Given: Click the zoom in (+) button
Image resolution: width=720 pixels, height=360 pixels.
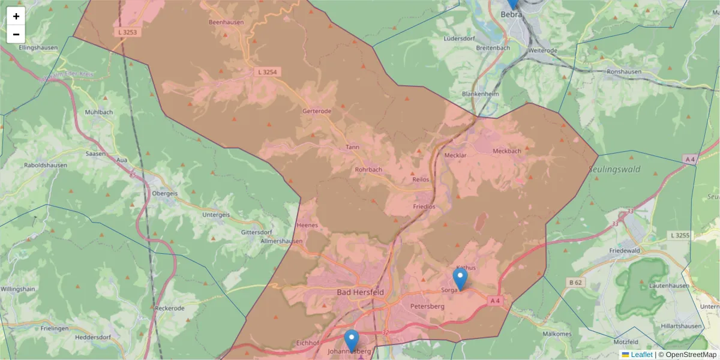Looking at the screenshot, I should (16, 16).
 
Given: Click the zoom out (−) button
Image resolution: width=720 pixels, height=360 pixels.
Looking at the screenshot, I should (16, 34).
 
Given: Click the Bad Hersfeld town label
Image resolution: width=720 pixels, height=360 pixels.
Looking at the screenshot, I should (360, 292).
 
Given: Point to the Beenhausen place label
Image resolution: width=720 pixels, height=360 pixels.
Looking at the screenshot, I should (225, 22).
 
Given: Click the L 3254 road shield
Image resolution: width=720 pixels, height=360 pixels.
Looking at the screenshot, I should (268, 72).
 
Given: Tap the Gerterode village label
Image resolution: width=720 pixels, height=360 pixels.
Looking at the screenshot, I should (317, 111).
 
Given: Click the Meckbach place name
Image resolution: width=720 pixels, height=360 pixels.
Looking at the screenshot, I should (506, 151).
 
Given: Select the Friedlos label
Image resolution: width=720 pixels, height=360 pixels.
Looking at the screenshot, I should (424, 206).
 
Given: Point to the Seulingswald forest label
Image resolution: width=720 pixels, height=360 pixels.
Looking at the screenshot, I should (614, 169).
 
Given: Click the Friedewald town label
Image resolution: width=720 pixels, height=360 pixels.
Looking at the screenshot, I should (643, 249).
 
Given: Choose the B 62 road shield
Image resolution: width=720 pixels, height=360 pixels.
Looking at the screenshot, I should (574, 282).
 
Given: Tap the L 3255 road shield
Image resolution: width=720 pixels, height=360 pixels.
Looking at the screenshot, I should (680, 235).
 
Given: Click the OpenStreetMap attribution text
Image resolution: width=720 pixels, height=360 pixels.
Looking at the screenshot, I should (691, 355).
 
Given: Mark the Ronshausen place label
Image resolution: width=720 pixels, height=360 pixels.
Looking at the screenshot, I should (624, 71).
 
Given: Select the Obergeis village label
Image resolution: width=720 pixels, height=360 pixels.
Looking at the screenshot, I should (165, 194).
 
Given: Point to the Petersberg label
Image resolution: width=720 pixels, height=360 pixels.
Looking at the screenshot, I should (427, 306).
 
